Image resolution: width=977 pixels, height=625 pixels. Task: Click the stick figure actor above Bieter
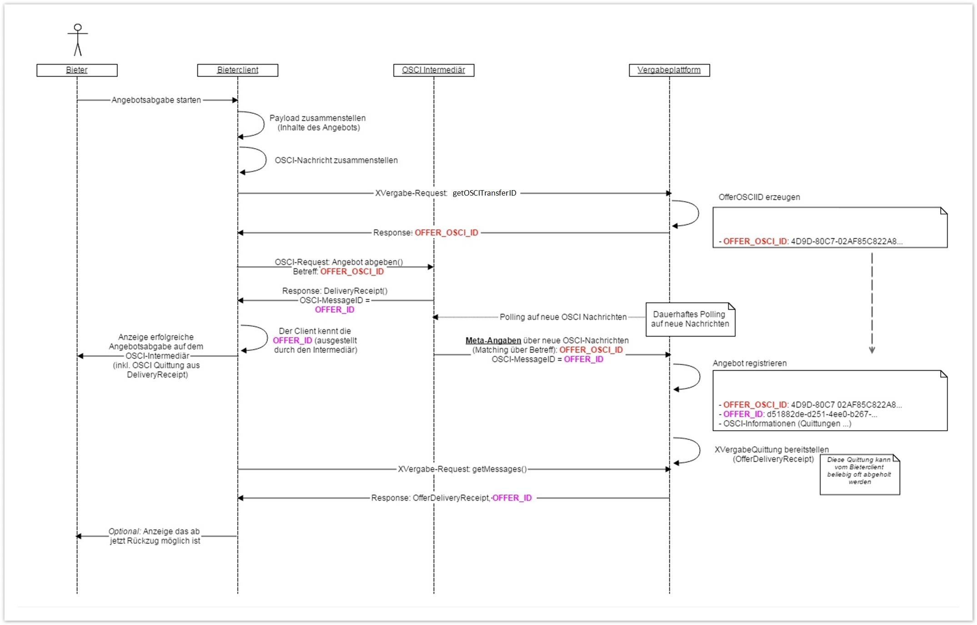[x=78, y=40]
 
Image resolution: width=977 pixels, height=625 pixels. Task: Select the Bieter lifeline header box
[x=77, y=70]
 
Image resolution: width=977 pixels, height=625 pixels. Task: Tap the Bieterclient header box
[x=237, y=70]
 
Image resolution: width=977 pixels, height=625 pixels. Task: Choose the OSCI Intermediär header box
[x=433, y=70]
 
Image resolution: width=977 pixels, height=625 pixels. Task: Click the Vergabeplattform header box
[x=669, y=70]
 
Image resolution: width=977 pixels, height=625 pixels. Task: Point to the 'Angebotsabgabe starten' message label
[x=156, y=100]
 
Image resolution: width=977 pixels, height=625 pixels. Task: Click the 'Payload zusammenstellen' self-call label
[x=317, y=118]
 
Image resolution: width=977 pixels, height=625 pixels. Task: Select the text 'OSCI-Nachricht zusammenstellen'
[x=336, y=161]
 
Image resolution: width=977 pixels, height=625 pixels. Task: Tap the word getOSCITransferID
[x=484, y=193]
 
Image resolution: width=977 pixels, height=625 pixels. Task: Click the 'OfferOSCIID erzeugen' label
[x=759, y=197]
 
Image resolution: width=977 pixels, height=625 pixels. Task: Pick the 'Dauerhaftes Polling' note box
[x=690, y=319]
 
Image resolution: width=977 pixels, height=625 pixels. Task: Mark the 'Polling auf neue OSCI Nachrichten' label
[x=563, y=317]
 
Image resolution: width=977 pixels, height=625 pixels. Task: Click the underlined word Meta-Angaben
[x=493, y=341]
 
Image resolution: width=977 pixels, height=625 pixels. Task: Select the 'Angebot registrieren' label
[x=749, y=363]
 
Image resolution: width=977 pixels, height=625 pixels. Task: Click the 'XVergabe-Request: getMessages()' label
[x=462, y=469]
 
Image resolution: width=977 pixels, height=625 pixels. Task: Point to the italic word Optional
[x=124, y=531]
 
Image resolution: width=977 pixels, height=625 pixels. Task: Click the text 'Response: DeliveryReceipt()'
[x=335, y=291]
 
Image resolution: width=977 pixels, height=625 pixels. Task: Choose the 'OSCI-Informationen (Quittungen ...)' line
[x=787, y=423]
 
